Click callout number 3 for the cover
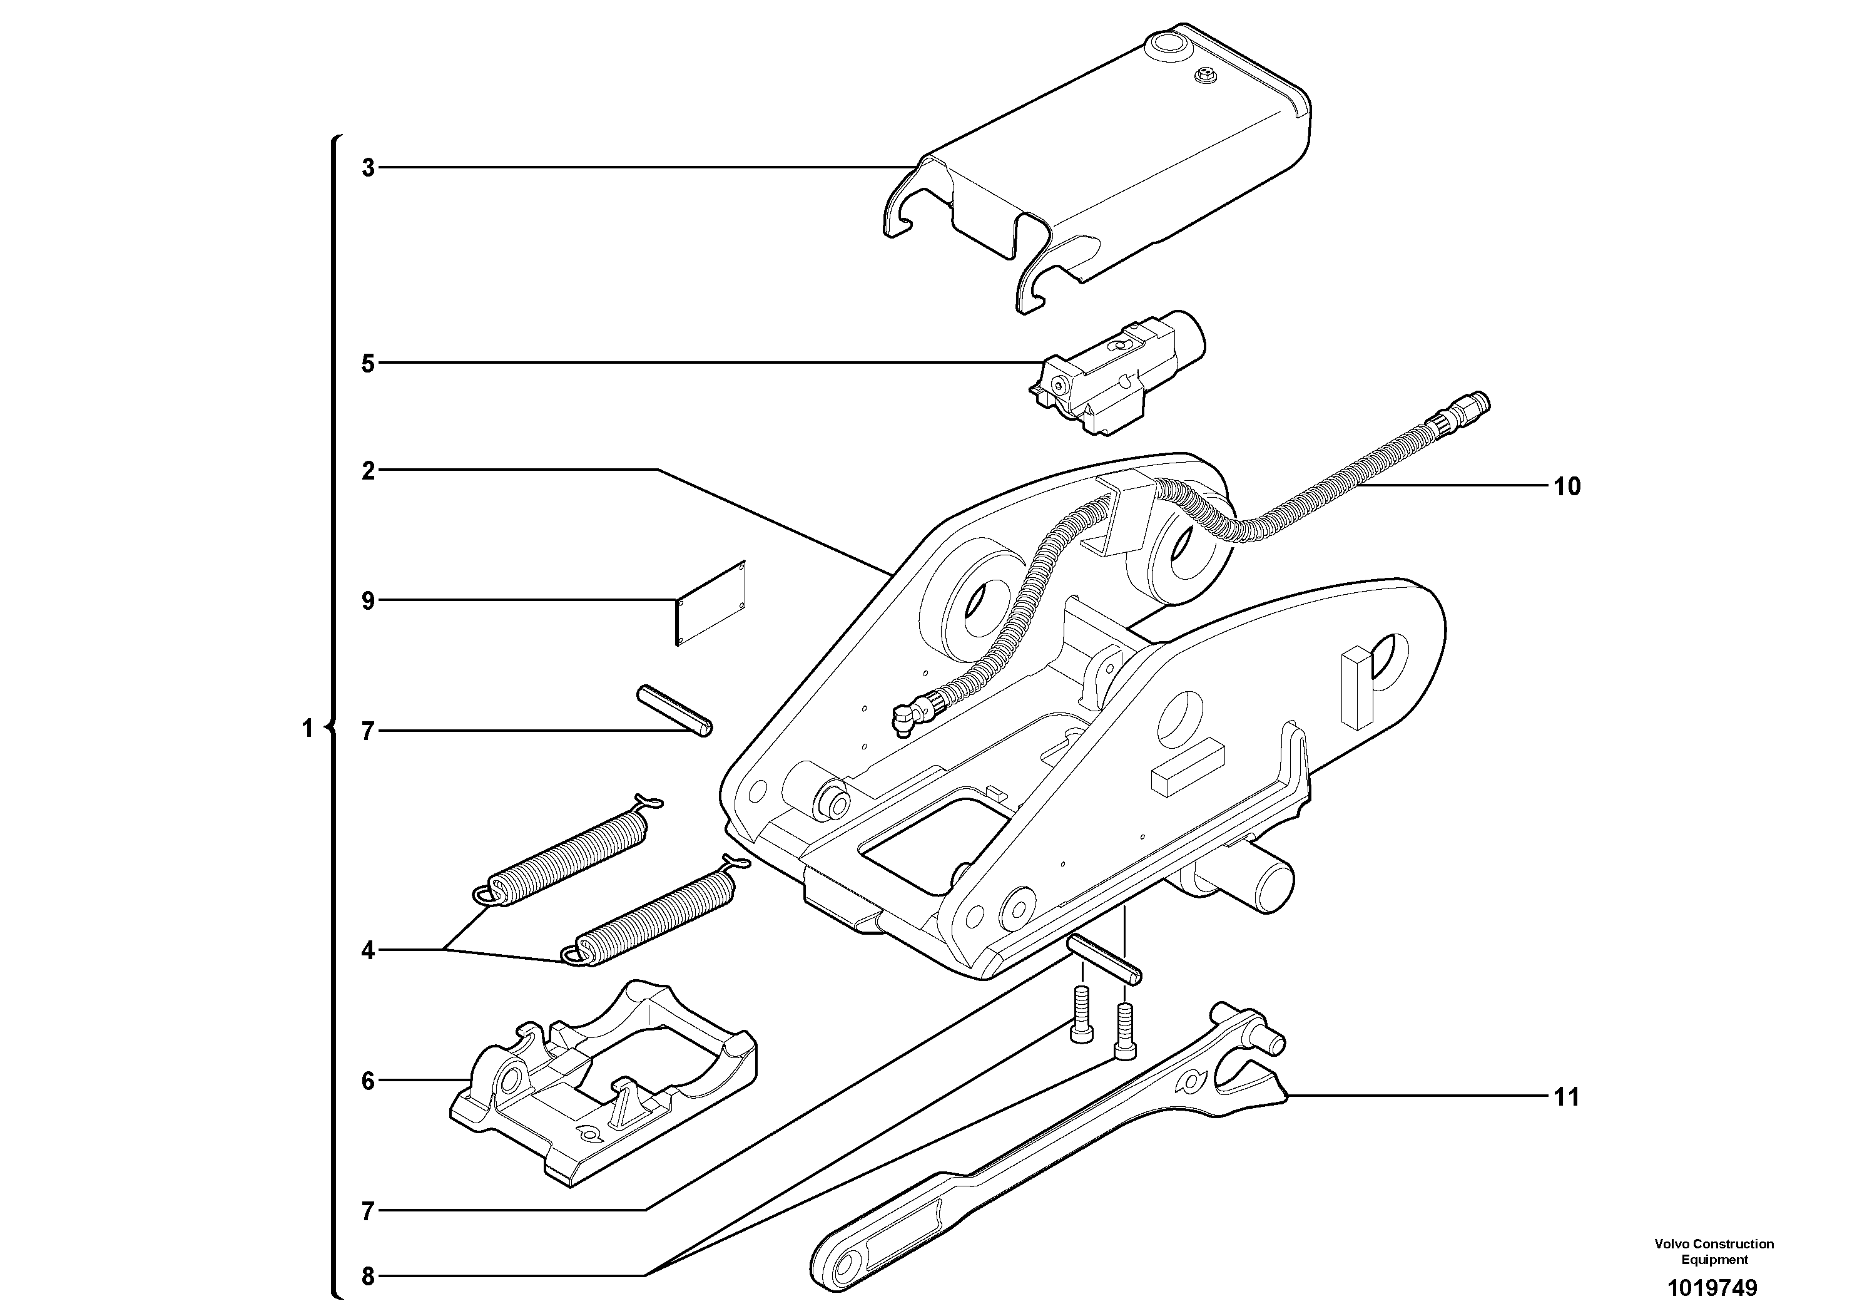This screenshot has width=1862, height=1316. click(368, 169)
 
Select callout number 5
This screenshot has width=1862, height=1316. click(368, 364)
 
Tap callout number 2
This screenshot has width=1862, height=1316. click(368, 471)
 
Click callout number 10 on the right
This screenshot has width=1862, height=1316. click(1567, 487)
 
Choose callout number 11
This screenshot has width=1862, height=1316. click(1567, 1097)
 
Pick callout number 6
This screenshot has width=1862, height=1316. click(368, 1081)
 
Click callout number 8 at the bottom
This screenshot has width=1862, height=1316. click(368, 1276)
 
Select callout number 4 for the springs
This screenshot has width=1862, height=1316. click(368, 950)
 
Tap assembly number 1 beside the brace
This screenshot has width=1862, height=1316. click(307, 729)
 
